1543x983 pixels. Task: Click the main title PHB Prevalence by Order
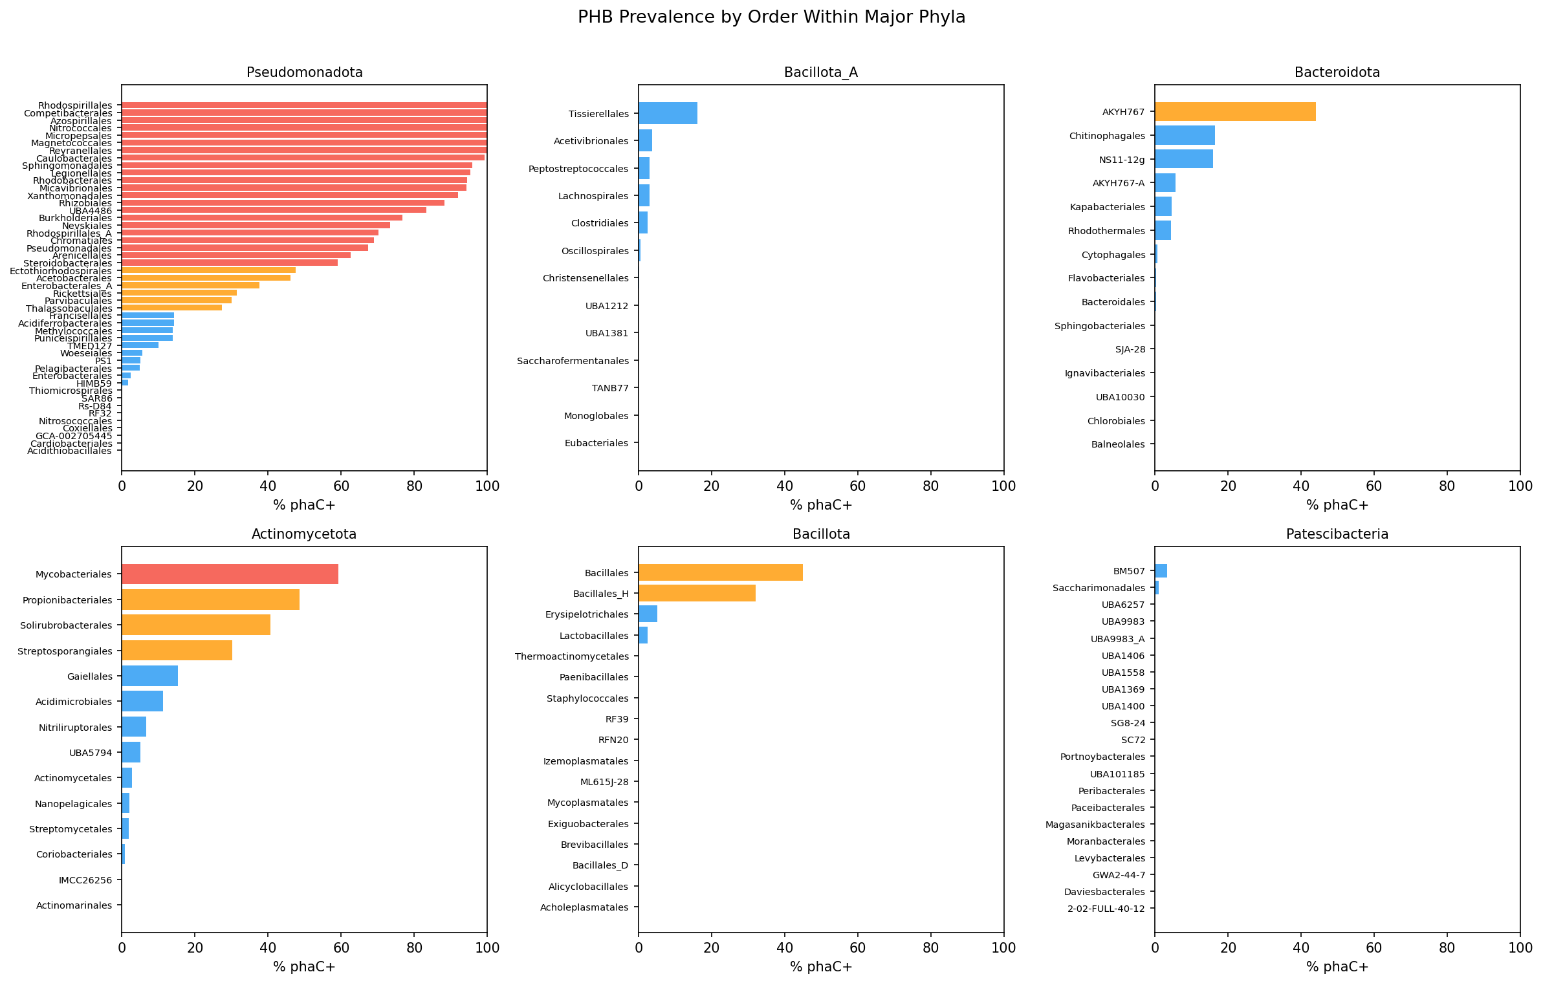(x=771, y=17)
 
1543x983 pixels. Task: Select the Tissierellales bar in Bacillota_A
(x=668, y=113)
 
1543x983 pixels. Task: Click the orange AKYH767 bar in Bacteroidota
(x=1234, y=112)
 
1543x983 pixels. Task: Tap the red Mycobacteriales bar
(x=230, y=574)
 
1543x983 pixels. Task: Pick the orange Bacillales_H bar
(x=697, y=594)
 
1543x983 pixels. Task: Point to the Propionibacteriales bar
(x=210, y=600)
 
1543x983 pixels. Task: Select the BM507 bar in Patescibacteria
(x=1161, y=571)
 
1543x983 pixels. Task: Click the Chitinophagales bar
(x=1185, y=136)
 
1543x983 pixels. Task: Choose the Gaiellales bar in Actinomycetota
(x=149, y=676)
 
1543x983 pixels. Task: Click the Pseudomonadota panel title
(x=304, y=72)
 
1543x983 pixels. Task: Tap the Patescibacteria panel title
(x=1337, y=534)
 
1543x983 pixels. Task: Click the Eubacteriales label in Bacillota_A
(x=596, y=443)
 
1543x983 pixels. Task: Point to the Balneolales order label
(x=1117, y=444)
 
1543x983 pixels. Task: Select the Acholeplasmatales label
(x=584, y=907)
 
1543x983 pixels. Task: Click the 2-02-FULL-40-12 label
(x=1106, y=909)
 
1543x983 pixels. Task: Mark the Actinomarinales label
(x=74, y=905)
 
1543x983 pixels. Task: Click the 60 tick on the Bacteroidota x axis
(x=1373, y=486)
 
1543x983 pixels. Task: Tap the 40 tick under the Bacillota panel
(x=784, y=948)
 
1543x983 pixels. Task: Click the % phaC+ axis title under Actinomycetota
(x=304, y=967)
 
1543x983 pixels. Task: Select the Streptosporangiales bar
(x=177, y=651)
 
